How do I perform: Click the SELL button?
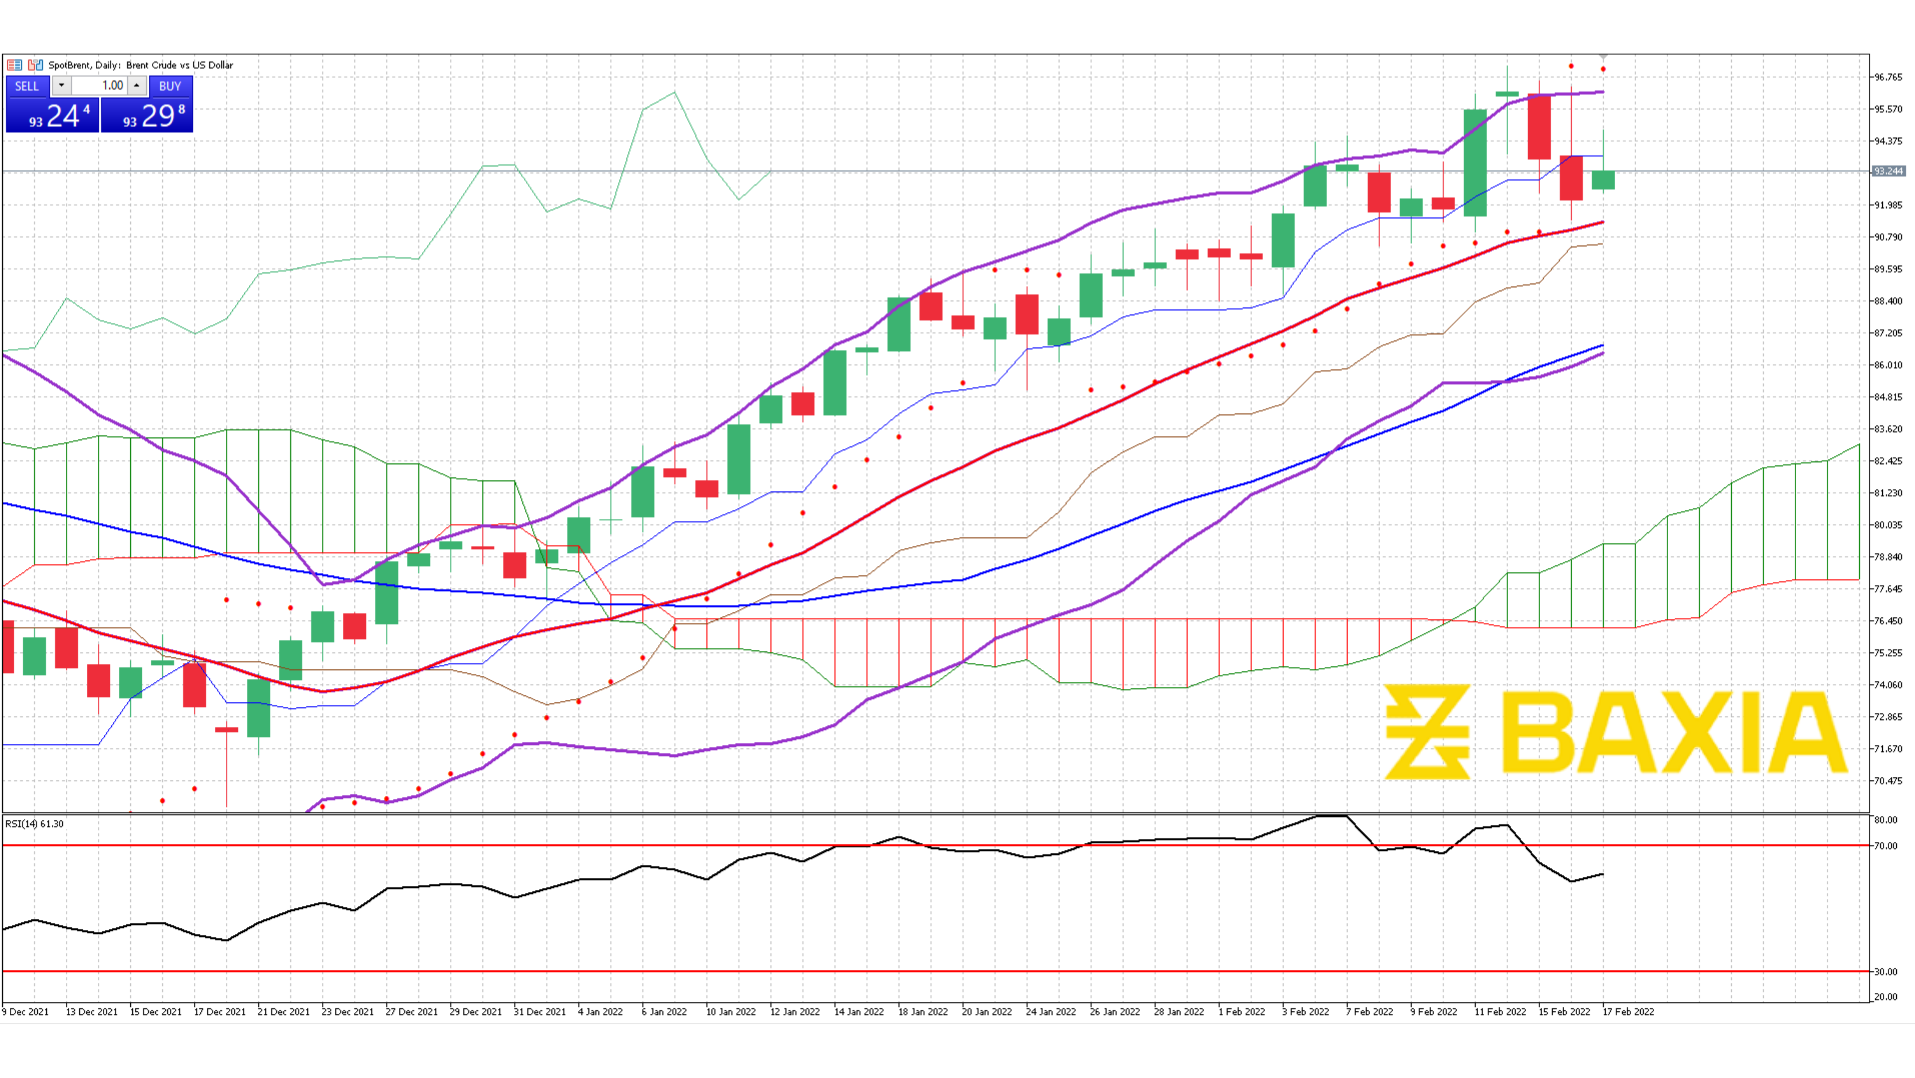(x=27, y=86)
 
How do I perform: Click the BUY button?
(x=169, y=86)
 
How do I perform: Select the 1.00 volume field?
(x=100, y=86)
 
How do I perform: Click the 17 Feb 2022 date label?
(x=1628, y=1012)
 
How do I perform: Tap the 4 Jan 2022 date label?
(x=600, y=1012)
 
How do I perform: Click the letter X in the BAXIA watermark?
(x=1702, y=732)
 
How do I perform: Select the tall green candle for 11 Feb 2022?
(x=1475, y=163)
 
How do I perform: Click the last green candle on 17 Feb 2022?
(x=1603, y=180)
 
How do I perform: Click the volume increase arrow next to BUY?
(x=137, y=86)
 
